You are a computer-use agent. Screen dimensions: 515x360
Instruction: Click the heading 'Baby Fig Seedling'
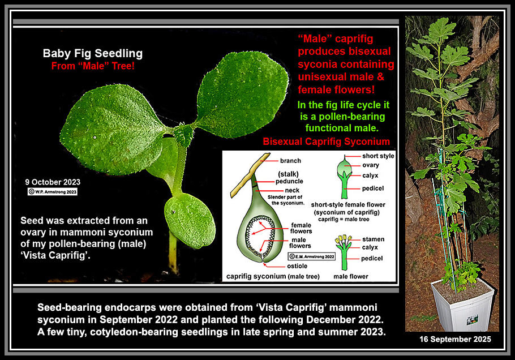click(x=93, y=53)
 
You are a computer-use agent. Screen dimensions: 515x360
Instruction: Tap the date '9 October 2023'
click(x=53, y=182)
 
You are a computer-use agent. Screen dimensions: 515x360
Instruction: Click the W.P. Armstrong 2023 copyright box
click(x=53, y=191)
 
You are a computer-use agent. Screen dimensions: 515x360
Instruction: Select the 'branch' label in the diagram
click(x=290, y=161)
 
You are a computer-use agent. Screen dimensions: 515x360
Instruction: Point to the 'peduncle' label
click(x=289, y=181)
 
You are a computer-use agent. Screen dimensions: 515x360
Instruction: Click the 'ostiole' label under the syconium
click(x=297, y=266)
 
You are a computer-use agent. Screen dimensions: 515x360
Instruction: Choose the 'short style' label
click(x=378, y=156)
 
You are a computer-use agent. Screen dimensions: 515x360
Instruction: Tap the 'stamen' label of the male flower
click(x=373, y=239)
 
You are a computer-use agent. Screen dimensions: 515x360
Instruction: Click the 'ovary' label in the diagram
click(x=371, y=165)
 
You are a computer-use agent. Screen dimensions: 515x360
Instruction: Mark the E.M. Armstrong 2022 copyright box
click(x=312, y=256)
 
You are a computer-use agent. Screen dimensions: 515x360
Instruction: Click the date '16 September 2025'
click(x=455, y=339)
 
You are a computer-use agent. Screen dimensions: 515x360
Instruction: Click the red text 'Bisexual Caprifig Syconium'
click(x=326, y=142)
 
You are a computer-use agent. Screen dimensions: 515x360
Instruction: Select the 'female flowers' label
click(x=301, y=228)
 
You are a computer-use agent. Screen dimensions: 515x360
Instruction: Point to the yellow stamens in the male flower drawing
click(x=343, y=239)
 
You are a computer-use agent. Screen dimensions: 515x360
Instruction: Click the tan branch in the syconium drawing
click(x=250, y=175)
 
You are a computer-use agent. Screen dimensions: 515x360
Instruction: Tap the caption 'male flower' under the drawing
click(x=351, y=277)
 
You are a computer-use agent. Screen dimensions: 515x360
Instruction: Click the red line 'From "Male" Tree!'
click(x=93, y=66)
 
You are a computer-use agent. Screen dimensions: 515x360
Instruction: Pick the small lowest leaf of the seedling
click(x=190, y=222)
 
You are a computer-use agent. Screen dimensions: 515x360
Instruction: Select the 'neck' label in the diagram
click(x=292, y=191)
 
